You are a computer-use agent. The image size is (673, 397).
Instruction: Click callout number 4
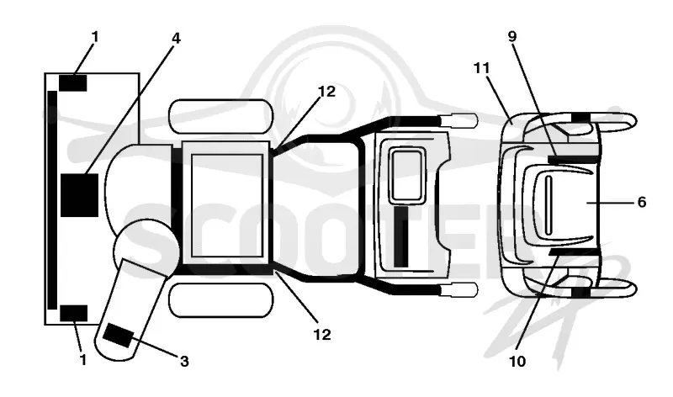coord(176,38)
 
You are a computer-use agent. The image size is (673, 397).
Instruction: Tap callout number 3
coord(184,362)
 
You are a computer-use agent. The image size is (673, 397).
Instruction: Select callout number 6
coord(642,202)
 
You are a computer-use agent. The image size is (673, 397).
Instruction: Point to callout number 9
coord(512,36)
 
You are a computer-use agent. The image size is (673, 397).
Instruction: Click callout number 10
coord(517,362)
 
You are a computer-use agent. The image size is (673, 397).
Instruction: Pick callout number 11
coord(481,68)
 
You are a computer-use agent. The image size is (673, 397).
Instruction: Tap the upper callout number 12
coord(326,92)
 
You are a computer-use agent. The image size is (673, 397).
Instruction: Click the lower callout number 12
coord(322,335)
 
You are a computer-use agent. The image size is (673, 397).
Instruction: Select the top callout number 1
coord(95,37)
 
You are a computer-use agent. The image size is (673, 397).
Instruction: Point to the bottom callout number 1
coord(83,360)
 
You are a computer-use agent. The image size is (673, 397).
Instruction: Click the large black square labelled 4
coord(79,195)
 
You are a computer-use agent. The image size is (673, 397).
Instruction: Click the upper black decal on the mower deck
coord(73,82)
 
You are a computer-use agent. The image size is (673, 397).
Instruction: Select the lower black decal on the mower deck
coord(73,313)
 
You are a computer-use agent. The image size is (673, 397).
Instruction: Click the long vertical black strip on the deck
coord(52,200)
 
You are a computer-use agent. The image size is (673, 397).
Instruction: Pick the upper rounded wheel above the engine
coord(221,116)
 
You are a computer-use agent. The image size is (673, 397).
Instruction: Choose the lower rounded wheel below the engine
coord(221,300)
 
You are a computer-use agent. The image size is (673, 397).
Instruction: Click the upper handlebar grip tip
coord(460,120)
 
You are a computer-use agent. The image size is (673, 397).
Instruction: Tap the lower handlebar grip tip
coord(460,290)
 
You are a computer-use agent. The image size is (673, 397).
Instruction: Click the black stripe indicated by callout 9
coord(574,160)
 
